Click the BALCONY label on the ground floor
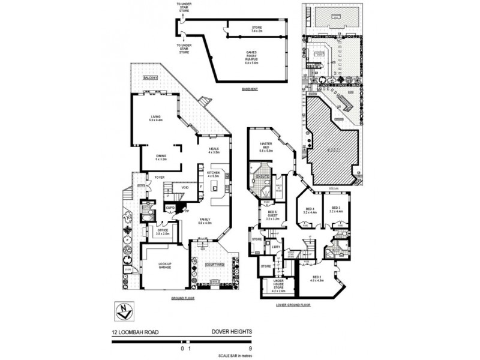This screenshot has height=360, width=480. point(150,79)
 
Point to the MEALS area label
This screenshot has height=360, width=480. point(214,150)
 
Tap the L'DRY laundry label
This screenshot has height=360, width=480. point(277,247)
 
